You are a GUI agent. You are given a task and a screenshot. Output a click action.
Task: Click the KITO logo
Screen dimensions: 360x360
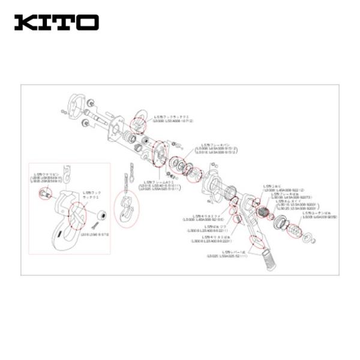56,22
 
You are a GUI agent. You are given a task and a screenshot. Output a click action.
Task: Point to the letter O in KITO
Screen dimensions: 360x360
88,22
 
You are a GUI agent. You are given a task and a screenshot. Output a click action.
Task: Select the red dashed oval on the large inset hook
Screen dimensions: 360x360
77,214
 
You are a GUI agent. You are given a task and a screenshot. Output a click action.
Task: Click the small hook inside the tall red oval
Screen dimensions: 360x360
128,208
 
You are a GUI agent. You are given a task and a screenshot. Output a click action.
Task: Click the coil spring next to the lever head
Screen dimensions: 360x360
262,211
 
